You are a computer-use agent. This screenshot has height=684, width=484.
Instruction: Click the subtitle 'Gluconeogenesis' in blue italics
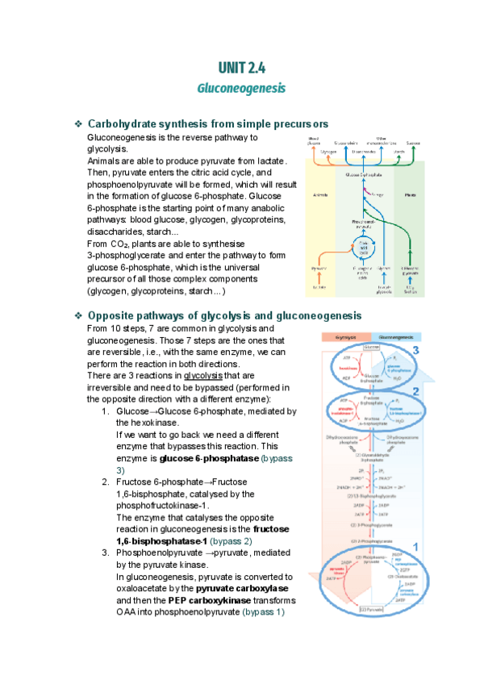pos(241,86)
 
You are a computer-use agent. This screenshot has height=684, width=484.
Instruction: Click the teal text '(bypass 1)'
pos(264,611)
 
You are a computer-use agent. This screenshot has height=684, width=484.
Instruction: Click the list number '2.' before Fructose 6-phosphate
pos(106,482)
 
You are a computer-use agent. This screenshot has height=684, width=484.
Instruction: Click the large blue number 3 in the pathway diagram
pos(415,351)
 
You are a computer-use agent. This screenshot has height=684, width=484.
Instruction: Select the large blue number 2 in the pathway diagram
pos(415,392)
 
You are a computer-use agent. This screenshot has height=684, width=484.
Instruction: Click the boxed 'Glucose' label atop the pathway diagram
pos(371,348)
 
